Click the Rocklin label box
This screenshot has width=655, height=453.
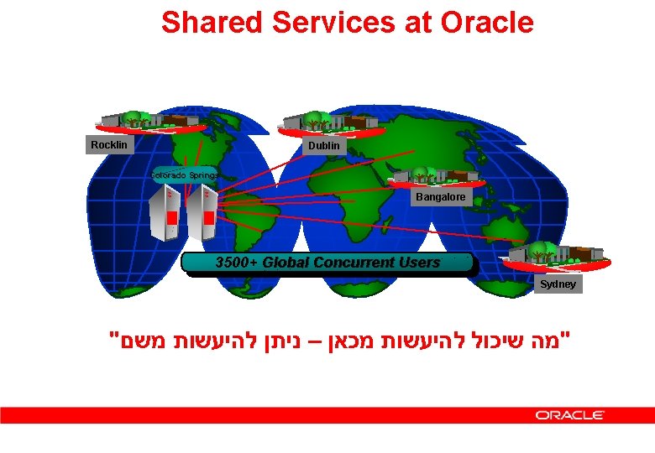click(109, 145)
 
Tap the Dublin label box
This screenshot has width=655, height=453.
click(324, 145)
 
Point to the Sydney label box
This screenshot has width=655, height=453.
click(558, 284)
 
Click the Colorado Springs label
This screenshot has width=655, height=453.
click(184, 175)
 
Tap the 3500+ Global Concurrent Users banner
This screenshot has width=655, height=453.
click(327, 263)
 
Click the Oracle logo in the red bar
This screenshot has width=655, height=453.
click(570, 415)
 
